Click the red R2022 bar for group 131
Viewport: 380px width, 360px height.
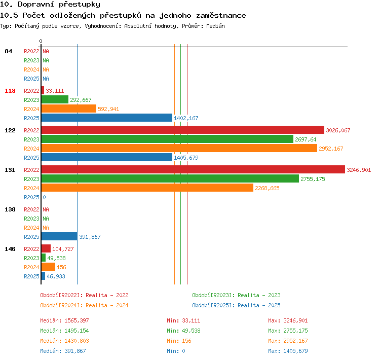click(x=193, y=169)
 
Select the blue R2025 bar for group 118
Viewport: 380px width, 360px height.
click(x=107, y=118)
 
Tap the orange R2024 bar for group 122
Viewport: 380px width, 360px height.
click(x=179, y=148)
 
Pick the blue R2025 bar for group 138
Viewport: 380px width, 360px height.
click(x=59, y=236)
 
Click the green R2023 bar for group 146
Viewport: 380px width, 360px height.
click(x=44, y=258)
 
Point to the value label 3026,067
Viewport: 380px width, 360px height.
click(x=338, y=130)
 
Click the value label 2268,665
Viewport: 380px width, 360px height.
click(x=267, y=188)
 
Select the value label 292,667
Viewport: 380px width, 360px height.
click(x=81, y=100)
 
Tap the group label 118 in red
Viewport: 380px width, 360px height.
click(x=10, y=91)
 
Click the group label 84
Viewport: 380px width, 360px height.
click(x=8, y=51)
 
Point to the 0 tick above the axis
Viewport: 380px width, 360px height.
click(x=41, y=41)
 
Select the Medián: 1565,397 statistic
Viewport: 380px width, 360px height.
click(x=64, y=320)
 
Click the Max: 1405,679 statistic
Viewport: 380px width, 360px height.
click(x=288, y=351)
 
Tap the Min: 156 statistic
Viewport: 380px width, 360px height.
click(x=179, y=341)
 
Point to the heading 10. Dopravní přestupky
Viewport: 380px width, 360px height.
click(x=50, y=5)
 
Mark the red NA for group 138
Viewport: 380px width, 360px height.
click(x=46, y=209)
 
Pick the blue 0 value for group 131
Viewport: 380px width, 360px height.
click(x=44, y=197)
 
